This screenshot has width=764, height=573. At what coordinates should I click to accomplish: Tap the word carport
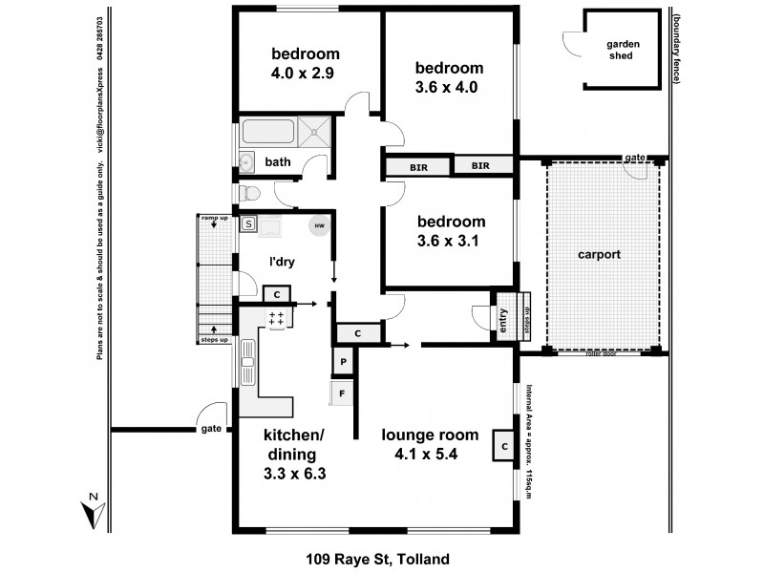[600, 255]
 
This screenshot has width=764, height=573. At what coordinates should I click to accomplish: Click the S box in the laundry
[248, 224]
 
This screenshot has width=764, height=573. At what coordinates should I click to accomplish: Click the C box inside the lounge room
[501, 446]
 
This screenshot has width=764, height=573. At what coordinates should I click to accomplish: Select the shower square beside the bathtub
[316, 132]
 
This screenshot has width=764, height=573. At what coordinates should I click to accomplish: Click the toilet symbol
[249, 194]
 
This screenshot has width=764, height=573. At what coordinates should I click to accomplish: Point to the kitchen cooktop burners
[277, 319]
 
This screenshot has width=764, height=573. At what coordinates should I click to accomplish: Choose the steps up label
[214, 339]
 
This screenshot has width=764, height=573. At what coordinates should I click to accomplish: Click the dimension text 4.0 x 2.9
[302, 72]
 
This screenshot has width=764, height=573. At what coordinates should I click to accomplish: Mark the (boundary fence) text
[675, 48]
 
